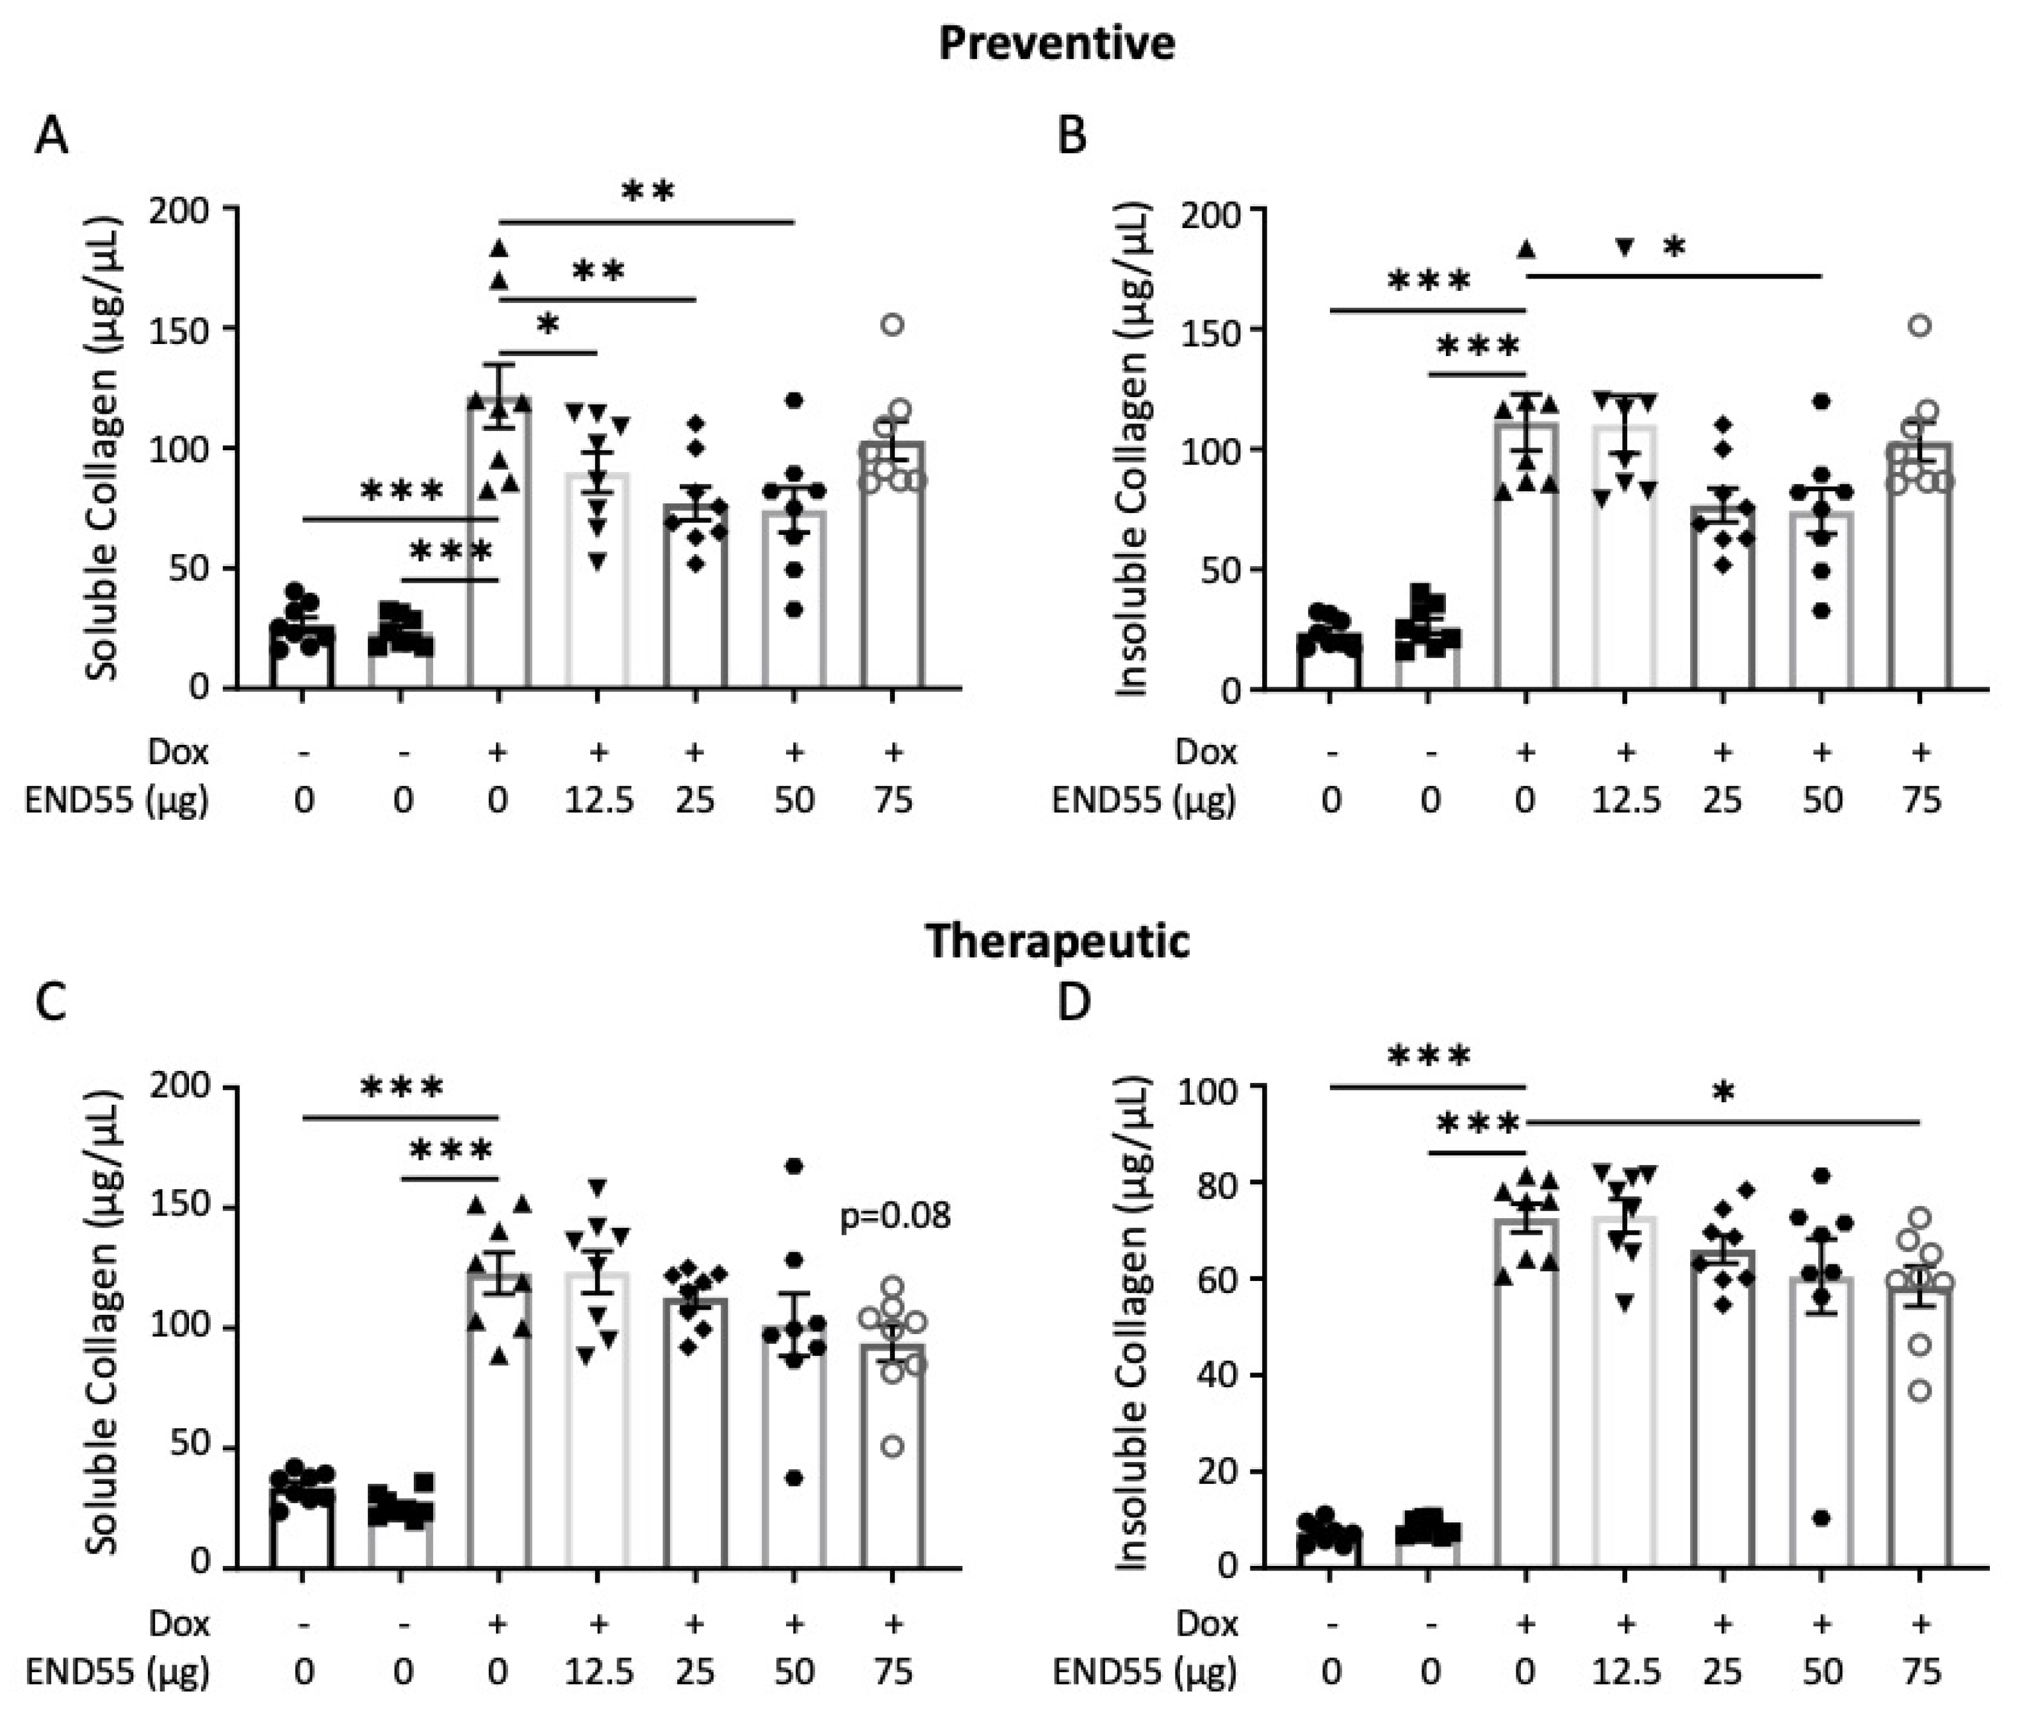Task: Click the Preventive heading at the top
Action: coord(1057,44)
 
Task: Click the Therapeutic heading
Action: coord(1057,941)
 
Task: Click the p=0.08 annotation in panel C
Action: coord(895,1216)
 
